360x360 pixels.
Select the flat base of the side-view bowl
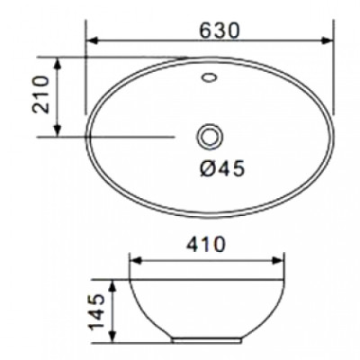[x=208, y=342]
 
